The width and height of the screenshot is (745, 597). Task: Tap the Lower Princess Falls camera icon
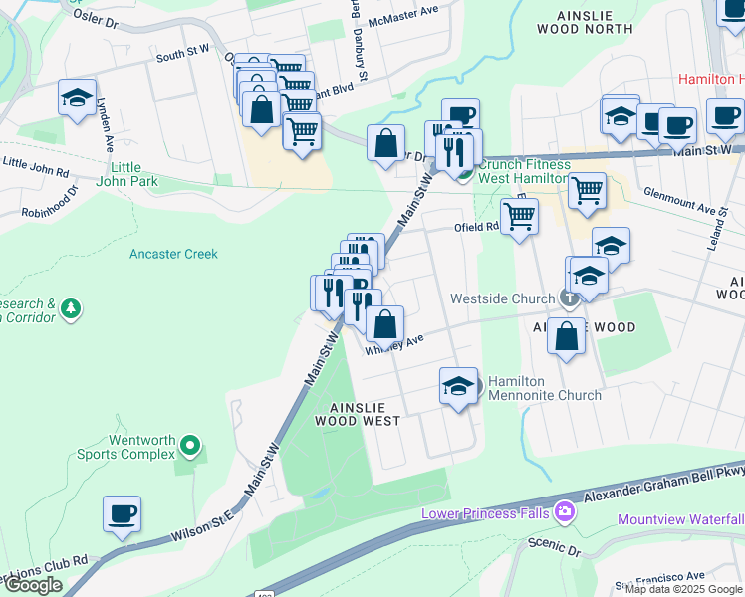566,512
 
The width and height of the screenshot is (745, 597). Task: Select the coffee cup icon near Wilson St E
122,514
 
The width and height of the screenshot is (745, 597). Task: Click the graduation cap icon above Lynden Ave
77,99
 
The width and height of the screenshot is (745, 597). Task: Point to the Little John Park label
125,174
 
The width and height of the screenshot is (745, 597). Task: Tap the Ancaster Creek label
173,254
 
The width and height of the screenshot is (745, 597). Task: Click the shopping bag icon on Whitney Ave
384,323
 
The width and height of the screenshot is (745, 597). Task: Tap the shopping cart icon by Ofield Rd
519,215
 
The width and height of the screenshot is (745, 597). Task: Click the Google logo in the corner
33,585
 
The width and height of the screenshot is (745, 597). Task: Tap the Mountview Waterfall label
680,519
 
